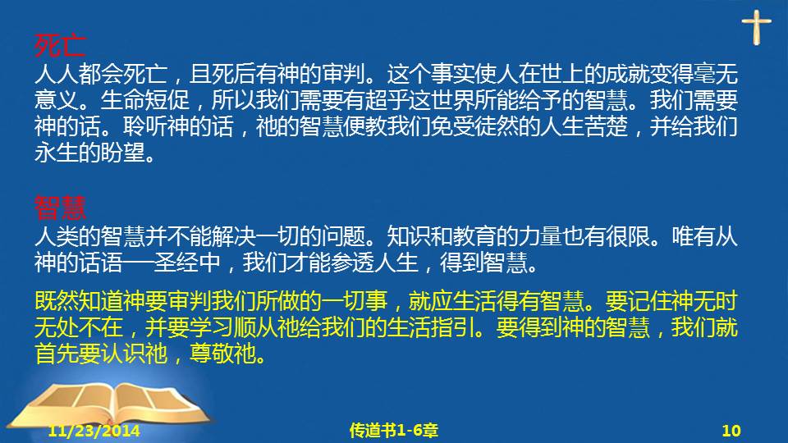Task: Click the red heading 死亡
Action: click(x=60, y=46)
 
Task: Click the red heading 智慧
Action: click(x=60, y=208)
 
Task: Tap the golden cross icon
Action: click(x=756, y=27)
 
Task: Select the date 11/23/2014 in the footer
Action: click(x=94, y=431)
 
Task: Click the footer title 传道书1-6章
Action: click(x=393, y=431)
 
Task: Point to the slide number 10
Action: click(x=731, y=431)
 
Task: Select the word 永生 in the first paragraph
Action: click(x=57, y=153)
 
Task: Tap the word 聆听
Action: click(x=144, y=126)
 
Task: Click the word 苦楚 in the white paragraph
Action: click(x=607, y=126)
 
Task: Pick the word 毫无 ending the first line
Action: click(x=716, y=74)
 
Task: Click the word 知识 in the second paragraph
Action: click(x=409, y=235)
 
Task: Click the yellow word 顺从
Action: click(x=255, y=327)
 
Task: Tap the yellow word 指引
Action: click(x=453, y=327)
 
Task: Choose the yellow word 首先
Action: click(x=57, y=353)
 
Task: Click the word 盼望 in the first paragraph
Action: click(x=122, y=153)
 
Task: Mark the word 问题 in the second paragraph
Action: click(x=343, y=235)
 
